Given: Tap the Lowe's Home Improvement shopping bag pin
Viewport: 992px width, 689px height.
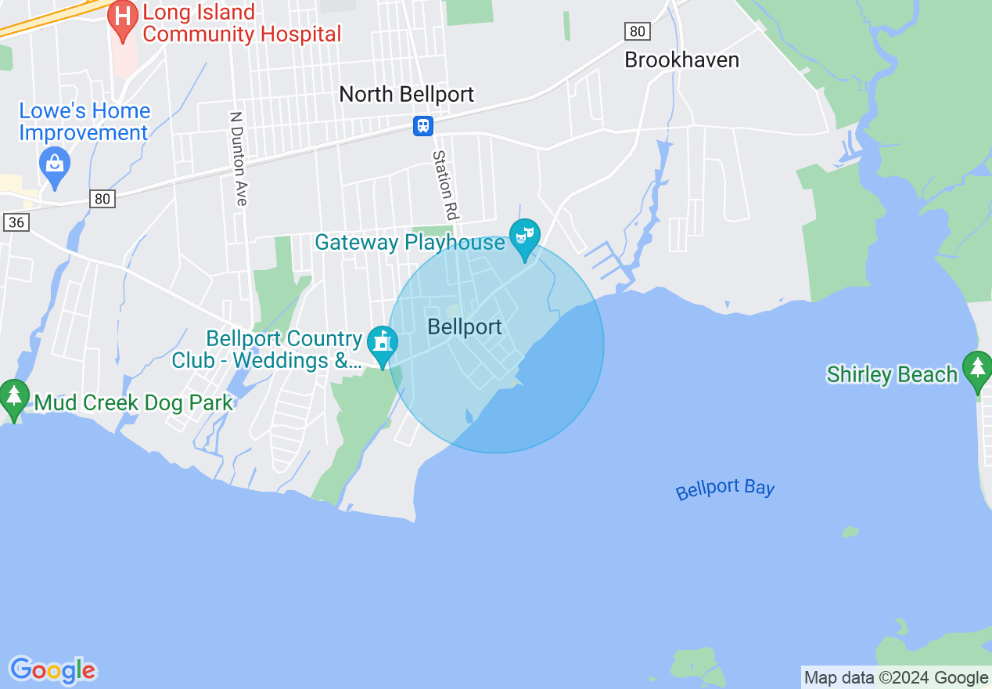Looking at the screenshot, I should pyautogui.click(x=55, y=165).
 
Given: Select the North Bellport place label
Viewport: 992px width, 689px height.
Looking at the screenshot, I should pyautogui.click(x=406, y=95).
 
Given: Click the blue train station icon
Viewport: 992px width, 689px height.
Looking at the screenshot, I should pyautogui.click(x=423, y=125).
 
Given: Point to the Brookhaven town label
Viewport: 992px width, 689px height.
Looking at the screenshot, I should pyautogui.click(x=681, y=60).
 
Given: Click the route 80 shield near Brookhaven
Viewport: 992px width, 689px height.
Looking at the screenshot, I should pyautogui.click(x=638, y=31).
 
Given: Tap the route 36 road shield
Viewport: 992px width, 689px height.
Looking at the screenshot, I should pyautogui.click(x=16, y=222).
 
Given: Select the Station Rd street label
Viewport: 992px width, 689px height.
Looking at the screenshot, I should pyautogui.click(x=444, y=184).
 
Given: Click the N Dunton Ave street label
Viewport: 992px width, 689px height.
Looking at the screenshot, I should pyautogui.click(x=239, y=159).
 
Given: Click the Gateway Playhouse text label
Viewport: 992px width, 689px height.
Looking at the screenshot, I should pyautogui.click(x=409, y=243).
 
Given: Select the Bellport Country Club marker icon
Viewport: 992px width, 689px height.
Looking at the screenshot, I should pyautogui.click(x=383, y=344).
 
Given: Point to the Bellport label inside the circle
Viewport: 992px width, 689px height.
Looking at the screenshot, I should pyautogui.click(x=465, y=327).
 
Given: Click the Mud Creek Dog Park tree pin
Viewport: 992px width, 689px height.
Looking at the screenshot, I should pyautogui.click(x=14, y=397).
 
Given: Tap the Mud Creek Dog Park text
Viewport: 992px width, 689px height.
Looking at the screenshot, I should pyautogui.click(x=134, y=403).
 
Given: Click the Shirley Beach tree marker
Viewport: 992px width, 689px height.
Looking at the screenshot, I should pyautogui.click(x=976, y=370).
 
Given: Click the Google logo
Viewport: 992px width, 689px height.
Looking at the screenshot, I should pyautogui.click(x=52, y=670).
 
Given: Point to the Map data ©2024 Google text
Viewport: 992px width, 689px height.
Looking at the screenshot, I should pyautogui.click(x=897, y=678).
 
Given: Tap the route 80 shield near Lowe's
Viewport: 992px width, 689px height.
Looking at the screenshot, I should pyautogui.click(x=102, y=199).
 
